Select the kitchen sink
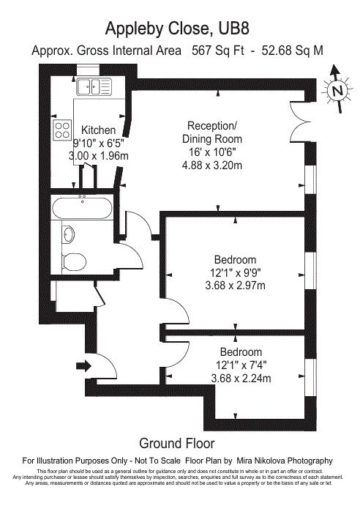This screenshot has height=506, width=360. click(94, 86)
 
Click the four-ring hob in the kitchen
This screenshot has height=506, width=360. click(62, 130)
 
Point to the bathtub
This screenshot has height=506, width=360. click(82, 208)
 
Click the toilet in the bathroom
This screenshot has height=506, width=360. click(74, 261)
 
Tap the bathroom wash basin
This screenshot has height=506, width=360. click(68, 234)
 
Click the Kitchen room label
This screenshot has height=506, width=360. click(98, 130)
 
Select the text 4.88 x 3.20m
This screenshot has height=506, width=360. click(212, 165)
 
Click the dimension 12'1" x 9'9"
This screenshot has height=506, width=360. click(236, 272)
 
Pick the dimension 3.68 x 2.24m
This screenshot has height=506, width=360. click(241, 378)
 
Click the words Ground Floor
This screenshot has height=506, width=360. click(177, 444)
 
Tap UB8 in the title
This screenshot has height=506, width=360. click(234, 29)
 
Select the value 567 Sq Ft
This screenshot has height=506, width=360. click(218, 51)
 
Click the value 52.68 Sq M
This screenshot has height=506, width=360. click(292, 51)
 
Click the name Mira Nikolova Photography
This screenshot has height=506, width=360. click(285, 461)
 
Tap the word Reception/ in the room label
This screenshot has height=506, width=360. click(212, 125)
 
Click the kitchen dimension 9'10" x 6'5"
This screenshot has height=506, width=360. click(99, 143)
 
